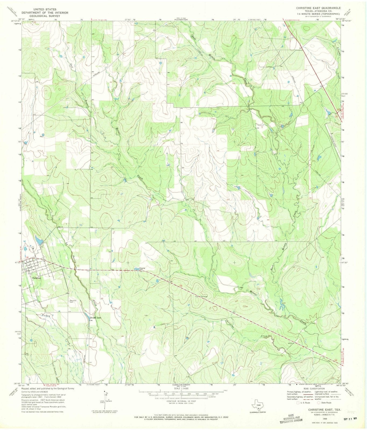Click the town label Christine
coord(36,278)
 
